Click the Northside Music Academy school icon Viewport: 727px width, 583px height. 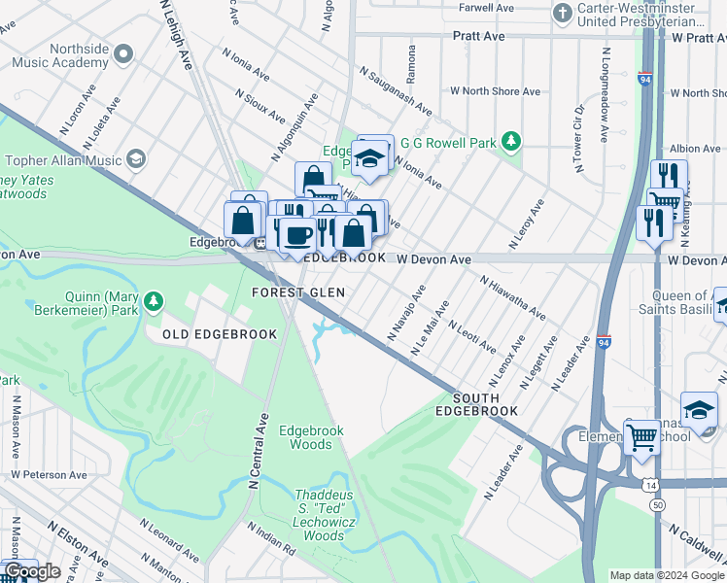tap(122, 55)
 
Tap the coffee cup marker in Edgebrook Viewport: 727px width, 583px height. tap(299, 233)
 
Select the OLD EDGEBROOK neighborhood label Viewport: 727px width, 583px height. tap(213, 334)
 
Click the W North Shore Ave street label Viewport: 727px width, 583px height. tap(495, 91)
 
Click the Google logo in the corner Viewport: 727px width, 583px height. tap(32, 571)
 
